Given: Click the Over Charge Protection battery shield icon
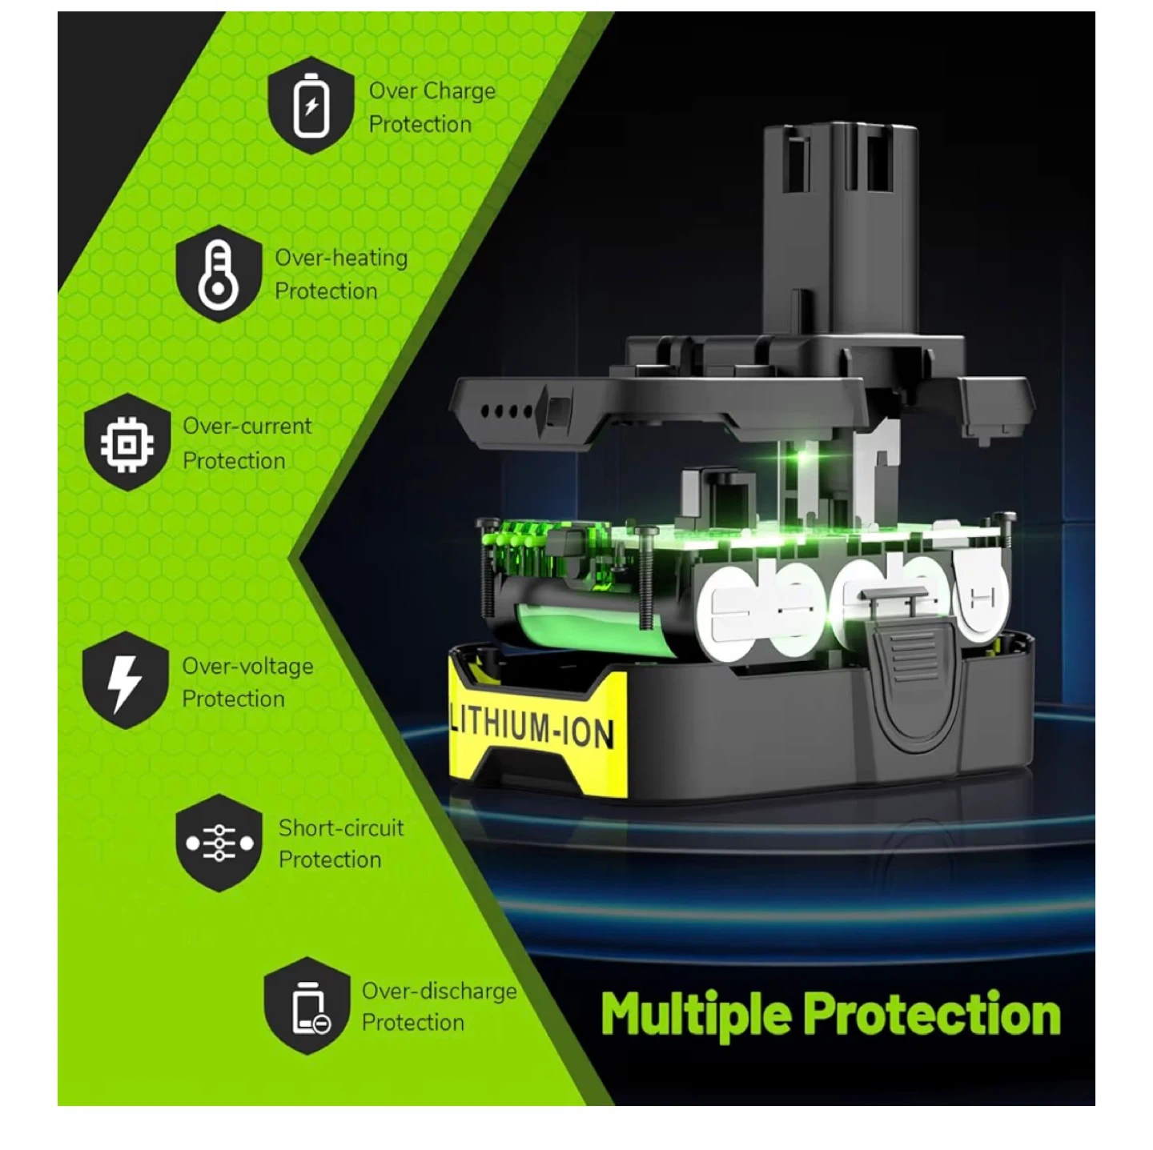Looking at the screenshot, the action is (311, 106).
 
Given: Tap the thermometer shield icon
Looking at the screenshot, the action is (219, 274).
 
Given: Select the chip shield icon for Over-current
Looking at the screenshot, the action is (127, 443).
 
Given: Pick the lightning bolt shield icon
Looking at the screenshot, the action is (126, 680).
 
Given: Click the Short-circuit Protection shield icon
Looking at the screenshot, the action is (219, 843).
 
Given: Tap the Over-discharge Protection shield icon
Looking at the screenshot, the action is (307, 1006).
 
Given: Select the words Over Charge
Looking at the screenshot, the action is (432, 91).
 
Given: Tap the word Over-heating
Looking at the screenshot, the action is (341, 258).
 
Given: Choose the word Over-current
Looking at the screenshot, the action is (247, 427).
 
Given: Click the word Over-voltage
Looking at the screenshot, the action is (247, 666).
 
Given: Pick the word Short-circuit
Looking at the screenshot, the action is (341, 827).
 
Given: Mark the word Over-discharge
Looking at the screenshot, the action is (440, 991).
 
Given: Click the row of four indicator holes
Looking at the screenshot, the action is (506, 411).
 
